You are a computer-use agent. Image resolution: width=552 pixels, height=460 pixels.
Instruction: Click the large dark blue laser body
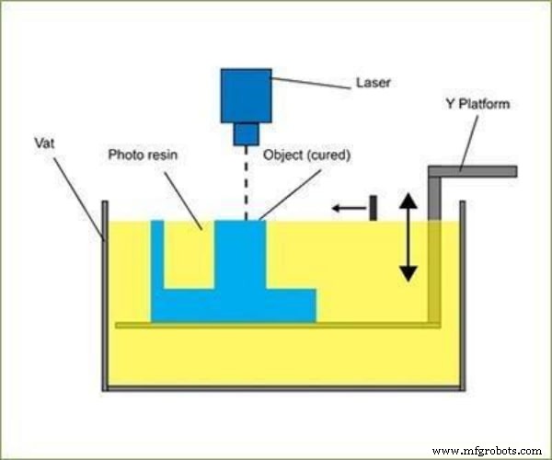click(247, 95)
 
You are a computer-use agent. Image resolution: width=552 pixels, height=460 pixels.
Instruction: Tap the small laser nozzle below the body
click(246, 134)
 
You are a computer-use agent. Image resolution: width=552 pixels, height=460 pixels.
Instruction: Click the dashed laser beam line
click(246, 184)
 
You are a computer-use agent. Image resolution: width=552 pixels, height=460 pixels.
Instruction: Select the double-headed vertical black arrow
click(408, 236)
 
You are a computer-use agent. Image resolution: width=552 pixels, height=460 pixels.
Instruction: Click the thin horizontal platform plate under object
click(276, 325)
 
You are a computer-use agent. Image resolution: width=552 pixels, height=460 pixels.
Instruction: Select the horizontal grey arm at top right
click(474, 171)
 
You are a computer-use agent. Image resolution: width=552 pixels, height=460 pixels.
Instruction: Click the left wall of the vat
click(104, 294)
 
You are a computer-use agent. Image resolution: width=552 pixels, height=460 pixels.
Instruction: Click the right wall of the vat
click(462, 294)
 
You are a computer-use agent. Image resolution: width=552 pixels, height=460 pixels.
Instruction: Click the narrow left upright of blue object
click(157, 258)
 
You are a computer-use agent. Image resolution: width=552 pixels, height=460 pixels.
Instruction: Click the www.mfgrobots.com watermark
click(485, 450)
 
